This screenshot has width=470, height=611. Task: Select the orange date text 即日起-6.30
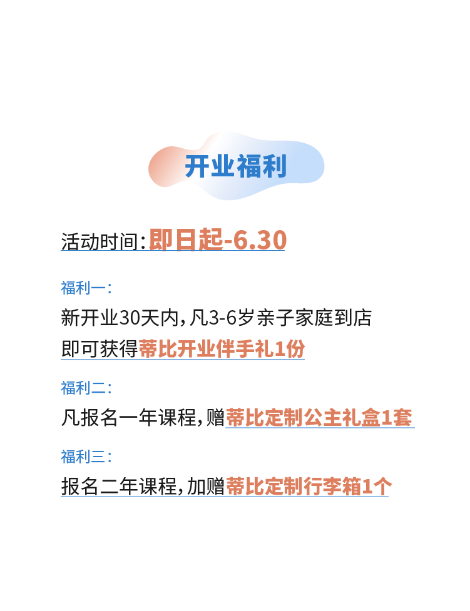click(217, 240)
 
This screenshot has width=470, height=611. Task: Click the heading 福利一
click(83, 288)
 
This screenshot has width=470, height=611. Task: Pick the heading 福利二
click(83, 388)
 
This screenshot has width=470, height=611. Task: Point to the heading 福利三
click(83, 457)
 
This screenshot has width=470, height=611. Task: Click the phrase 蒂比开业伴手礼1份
click(222, 349)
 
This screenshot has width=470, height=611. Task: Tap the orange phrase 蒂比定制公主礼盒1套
click(319, 417)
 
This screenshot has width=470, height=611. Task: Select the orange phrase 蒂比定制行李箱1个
click(307, 486)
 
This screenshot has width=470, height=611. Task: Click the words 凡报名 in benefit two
click(89, 417)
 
